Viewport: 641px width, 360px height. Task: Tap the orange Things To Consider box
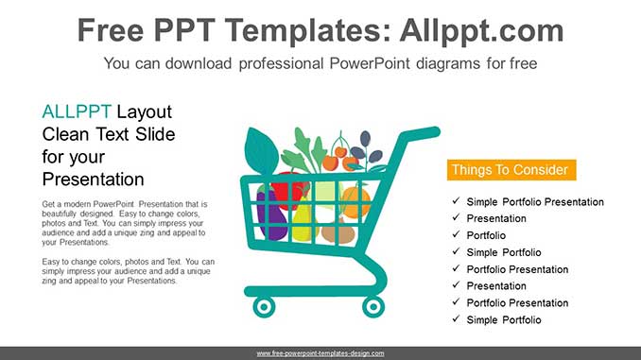click(x=510, y=170)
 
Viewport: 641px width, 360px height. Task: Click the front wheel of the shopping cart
click(x=264, y=306)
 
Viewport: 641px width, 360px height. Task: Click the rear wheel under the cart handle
click(x=374, y=306)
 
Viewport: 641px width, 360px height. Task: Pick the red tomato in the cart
click(x=289, y=189)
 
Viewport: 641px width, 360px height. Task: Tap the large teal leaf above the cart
click(x=261, y=150)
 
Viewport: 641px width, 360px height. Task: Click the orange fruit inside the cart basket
click(x=355, y=201)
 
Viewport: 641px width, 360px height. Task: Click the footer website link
click(x=320, y=353)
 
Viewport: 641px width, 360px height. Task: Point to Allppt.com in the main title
click(x=481, y=31)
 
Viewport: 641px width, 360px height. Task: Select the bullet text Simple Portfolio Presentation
click(x=535, y=202)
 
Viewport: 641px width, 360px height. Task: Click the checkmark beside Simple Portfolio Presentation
click(x=456, y=201)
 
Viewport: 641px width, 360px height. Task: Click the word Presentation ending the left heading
click(x=93, y=180)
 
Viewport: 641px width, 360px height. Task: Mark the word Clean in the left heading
click(x=65, y=134)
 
